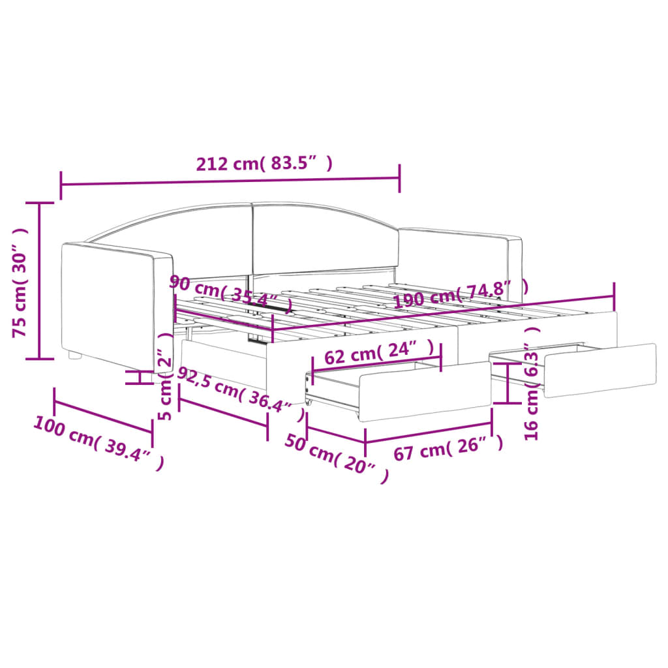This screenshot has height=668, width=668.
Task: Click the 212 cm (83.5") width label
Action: [x=264, y=164]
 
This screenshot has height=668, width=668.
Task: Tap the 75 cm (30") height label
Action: [x=20, y=282]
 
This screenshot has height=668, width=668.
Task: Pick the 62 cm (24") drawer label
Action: [x=379, y=352]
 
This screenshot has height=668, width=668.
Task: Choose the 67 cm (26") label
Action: [x=448, y=448]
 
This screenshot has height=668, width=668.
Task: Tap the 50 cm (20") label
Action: [x=337, y=459]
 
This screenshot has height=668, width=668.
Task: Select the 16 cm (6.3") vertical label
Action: [x=532, y=383]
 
